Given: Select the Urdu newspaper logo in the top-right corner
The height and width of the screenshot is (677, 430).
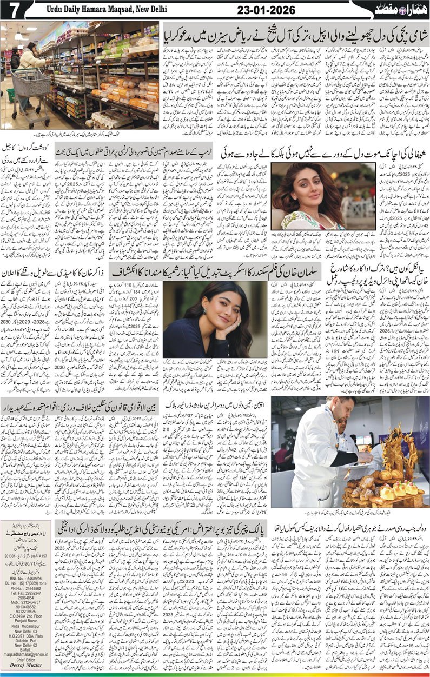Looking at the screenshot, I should point(396,9).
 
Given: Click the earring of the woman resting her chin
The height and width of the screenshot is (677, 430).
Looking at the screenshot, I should point(204,312).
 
